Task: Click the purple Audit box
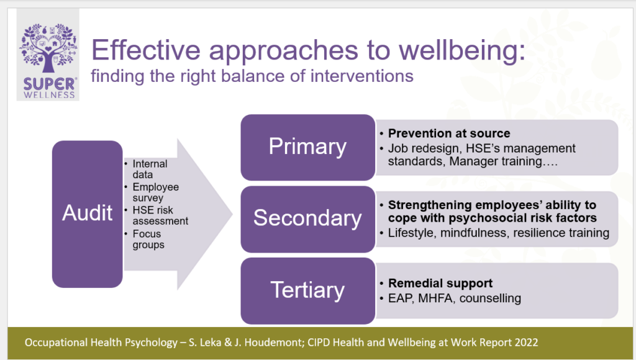pos(87,213)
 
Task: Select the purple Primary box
pos(307,146)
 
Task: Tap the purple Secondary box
pos(307,218)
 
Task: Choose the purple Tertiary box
pos(307,290)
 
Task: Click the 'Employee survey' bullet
pos(155,192)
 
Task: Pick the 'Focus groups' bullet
pos(148,239)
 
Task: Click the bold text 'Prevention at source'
pos(449,133)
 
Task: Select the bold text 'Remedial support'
pos(440,284)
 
